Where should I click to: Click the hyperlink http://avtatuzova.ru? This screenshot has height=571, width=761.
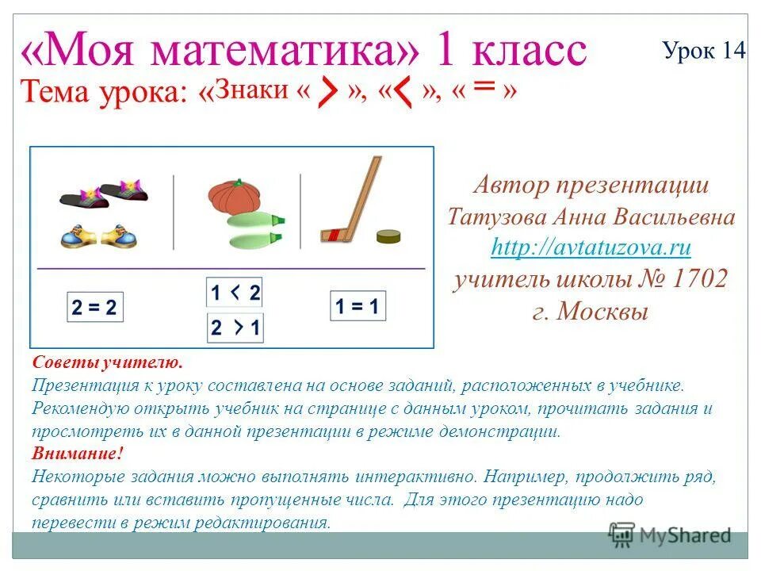point(591,247)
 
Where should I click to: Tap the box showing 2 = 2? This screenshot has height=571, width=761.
point(94,308)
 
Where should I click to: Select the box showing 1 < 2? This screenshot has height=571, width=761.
point(235,293)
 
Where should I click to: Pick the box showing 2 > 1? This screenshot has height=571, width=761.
point(235,328)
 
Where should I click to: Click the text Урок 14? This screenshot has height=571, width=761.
point(704,51)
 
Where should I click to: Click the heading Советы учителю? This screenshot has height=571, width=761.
point(108,362)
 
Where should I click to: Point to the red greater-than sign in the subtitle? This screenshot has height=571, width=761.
point(327,95)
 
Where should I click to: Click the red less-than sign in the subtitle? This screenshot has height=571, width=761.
point(403,95)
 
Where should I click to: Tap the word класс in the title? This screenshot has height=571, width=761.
point(530,52)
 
